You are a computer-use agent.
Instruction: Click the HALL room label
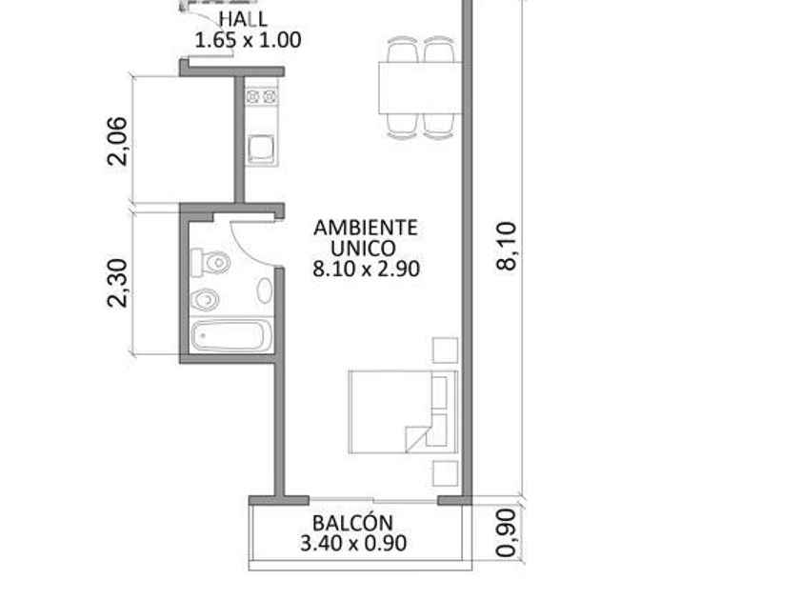[244, 19]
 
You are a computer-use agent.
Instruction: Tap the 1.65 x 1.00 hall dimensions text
[248, 40]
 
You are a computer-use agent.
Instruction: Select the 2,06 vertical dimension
[117, 141]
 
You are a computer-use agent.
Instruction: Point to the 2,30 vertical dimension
[117, 283]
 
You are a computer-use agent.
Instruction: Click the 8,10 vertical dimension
[507, 246]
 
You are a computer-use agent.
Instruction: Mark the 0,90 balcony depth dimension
[507, 532]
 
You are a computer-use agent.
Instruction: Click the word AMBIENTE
[366, 228]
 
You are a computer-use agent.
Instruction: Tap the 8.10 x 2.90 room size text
[367, 269]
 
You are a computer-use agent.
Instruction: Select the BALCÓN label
[353, 522]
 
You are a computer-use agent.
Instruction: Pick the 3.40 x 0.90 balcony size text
[353, 543]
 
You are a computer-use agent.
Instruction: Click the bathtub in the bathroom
[231, 335]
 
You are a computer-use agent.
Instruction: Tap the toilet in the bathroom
[210, 262]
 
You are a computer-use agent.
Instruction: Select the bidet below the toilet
[205, 299]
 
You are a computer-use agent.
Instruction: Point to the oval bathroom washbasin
[265, 290]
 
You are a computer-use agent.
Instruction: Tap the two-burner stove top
[261, 96]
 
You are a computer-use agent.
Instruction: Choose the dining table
[420, 88]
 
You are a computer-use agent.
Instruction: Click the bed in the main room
[404, 411]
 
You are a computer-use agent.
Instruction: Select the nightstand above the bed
[446, 350]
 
